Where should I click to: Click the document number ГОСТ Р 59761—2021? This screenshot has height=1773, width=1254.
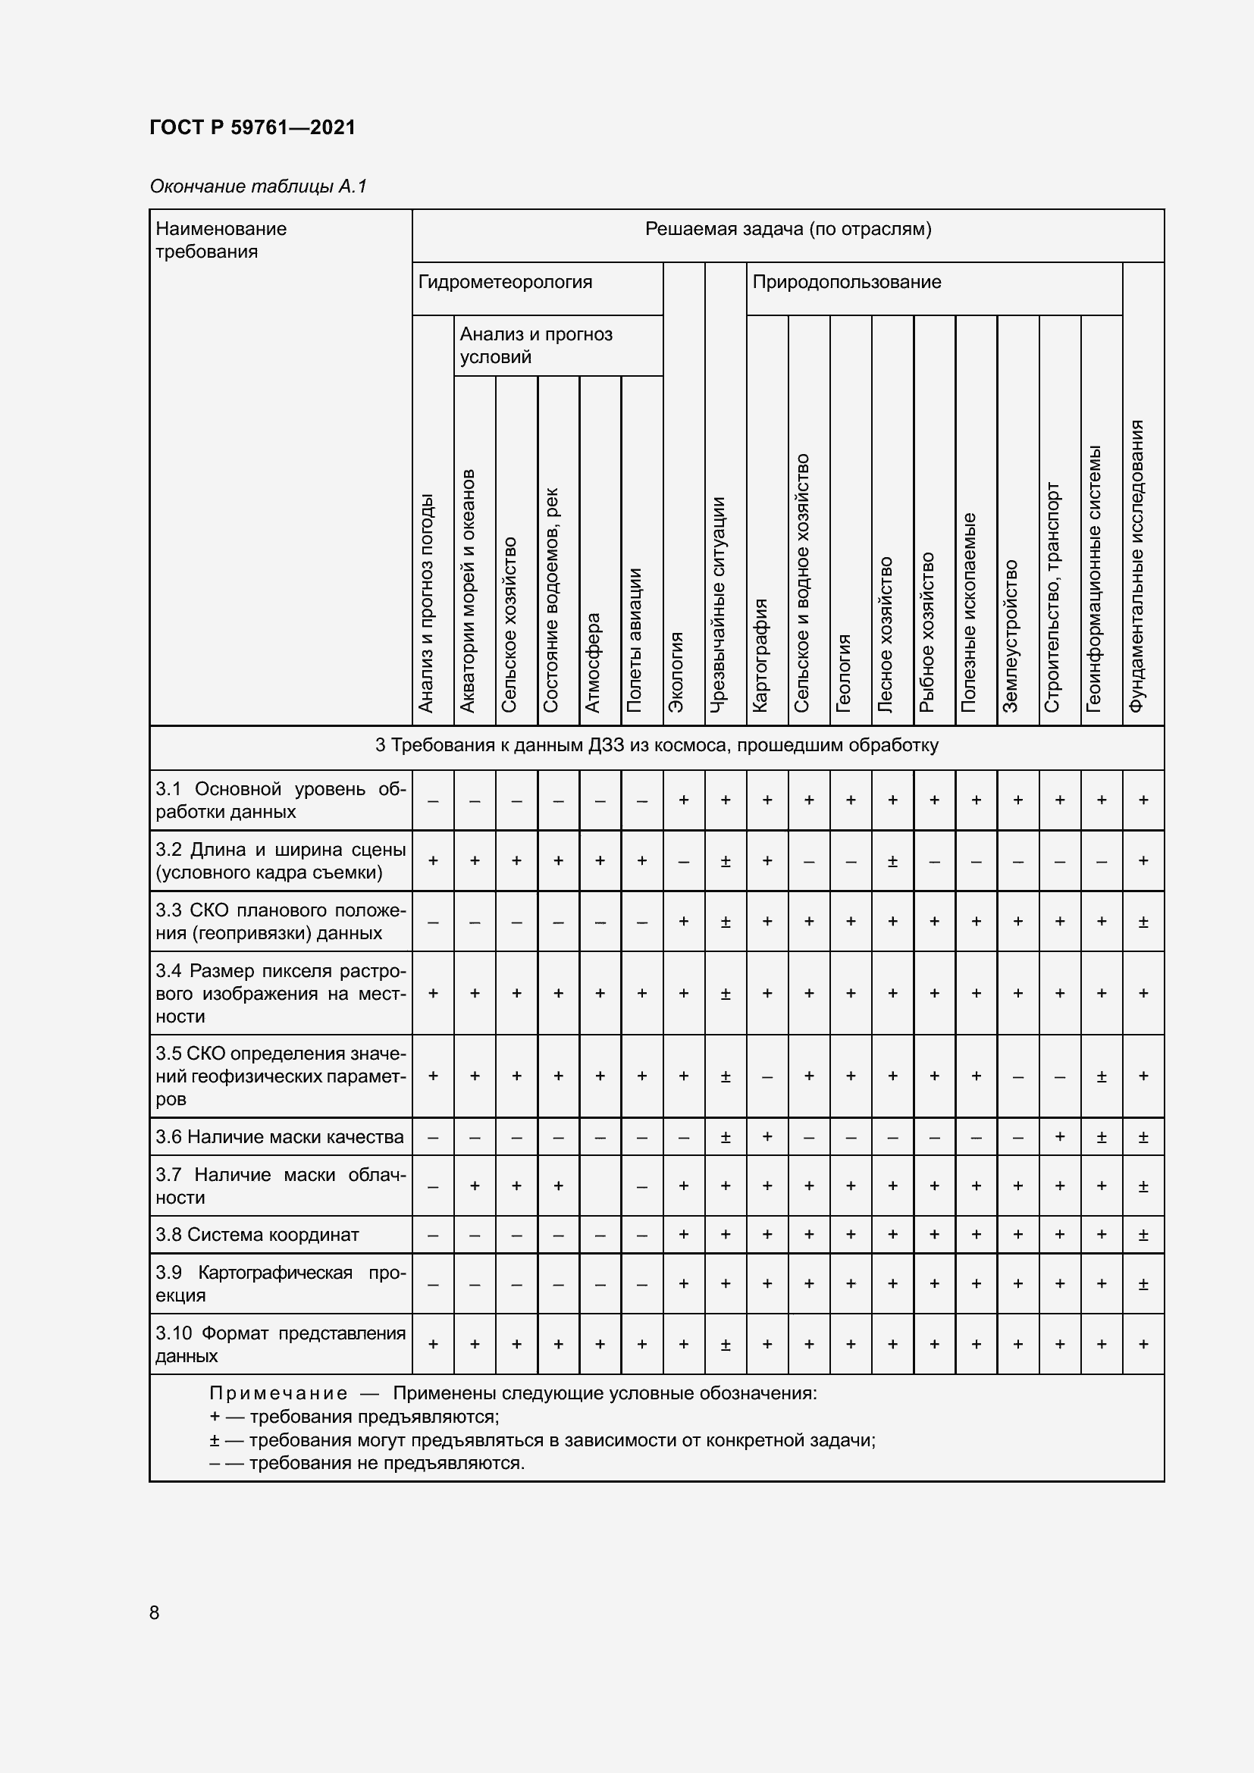coord(252,127)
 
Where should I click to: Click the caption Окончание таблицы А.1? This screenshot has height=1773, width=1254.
coord(258,186)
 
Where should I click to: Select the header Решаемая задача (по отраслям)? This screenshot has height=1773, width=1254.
coord(788,229)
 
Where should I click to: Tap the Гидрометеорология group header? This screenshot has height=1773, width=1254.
coord(505,282)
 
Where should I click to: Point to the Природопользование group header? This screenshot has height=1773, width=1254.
coord(846,282)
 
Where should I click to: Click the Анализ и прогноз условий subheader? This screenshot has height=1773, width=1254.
coord(536,345)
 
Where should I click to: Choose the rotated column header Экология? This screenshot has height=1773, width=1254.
coord(676,671)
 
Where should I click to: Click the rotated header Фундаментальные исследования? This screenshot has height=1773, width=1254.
coord(1136,566)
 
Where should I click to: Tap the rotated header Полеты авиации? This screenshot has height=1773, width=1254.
coord(635,640)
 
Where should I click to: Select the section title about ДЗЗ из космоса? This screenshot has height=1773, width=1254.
coord(657,745)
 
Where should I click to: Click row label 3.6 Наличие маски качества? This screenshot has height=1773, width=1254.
coord(280,1137)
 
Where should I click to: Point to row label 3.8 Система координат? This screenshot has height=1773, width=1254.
coord(257,1235)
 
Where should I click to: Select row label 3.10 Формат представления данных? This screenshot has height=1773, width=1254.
coord(280,1345)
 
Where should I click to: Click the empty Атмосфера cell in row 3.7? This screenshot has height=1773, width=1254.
coord(600,1186)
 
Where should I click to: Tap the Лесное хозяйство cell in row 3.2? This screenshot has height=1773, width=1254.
coord(892,861)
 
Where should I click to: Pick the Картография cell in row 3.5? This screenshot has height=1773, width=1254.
coord(767,1076)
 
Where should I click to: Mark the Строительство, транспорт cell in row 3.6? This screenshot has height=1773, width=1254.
coord(1059,1137)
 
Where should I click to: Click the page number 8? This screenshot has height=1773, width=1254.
coord(155,1612)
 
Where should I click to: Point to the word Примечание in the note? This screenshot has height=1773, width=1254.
coord(278,1394)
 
